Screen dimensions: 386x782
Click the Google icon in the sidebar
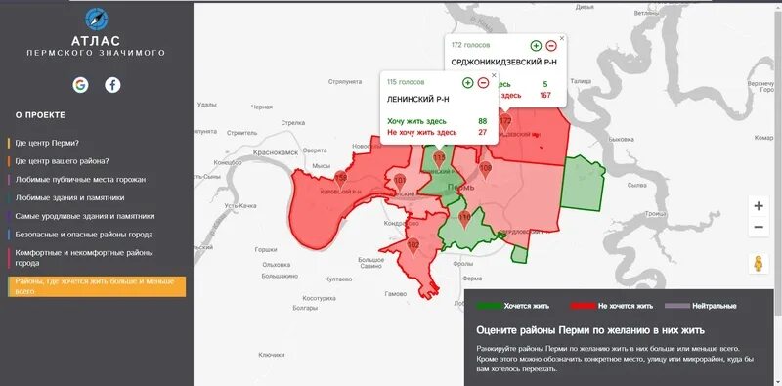(x=80, y=85)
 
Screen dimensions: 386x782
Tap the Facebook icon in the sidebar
(x=112, y=85)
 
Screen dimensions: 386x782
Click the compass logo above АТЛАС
(x=96, y=19)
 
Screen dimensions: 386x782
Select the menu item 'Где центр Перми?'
(x=47, y=143)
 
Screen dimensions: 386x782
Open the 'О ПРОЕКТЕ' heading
(x=40, y=114)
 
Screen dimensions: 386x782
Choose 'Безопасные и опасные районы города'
(x=84, y=235)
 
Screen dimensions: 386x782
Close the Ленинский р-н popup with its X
(x=493, y=75)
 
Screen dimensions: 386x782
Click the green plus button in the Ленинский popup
(x=467, y=82)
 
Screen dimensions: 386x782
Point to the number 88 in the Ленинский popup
(x=482, y=121)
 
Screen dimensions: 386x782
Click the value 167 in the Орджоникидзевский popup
(x=545, y=95)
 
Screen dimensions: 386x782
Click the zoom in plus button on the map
(x=759, y=206)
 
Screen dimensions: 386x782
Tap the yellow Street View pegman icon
(x=759, y=263)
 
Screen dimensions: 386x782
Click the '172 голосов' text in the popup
(x=471, y=45)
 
